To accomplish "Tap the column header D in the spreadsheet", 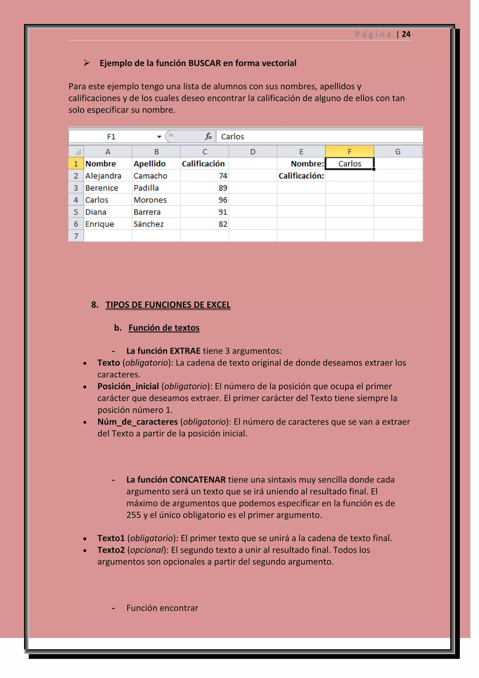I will click(x=253, y=152).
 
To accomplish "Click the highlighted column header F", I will click(x=349, y=152).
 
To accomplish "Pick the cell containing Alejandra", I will click(x=103, y=176).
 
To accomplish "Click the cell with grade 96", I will click(x=223, y=200).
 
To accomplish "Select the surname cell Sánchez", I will click(x=149, y=224).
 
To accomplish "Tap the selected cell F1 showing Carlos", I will click(x=349, y=164).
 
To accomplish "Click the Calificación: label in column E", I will click(x=301, y=176).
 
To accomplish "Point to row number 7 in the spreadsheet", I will click(x=76, y=236).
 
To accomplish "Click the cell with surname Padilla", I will click(x=146, y=188).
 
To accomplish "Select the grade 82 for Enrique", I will click(x=223, y=224).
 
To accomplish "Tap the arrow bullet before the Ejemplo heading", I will click(x=86, y=63).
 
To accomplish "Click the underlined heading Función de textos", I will click(x=164, y=328).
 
